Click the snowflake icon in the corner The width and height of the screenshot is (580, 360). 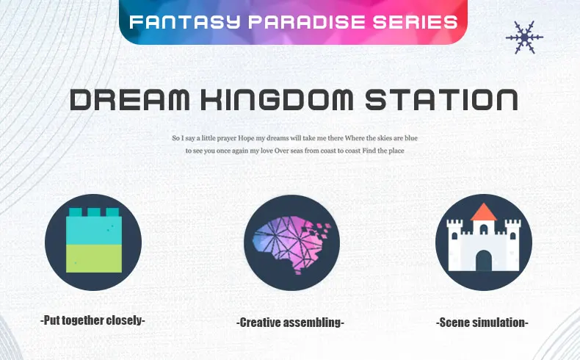(x=524, y=37)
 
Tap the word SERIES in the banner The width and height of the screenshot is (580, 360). (x=416, y=22)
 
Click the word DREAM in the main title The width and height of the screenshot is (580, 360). (x=130, y=99)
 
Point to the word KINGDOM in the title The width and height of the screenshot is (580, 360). (x=277, y=99)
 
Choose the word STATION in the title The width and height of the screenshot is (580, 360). (x=441, y=99)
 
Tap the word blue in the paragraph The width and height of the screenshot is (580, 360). (x=411, y=138)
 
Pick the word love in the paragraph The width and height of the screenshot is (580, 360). (x=267, y=151)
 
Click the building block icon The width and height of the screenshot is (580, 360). (x=93, y=240)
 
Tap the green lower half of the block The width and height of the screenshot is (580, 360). (x=94, y=259)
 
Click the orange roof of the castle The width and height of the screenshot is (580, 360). (x=484, y=212)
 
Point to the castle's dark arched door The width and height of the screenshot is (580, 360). (x=484, y=261)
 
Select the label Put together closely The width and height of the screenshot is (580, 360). (x=93, y=320)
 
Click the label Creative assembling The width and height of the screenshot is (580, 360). (x=291, y=323)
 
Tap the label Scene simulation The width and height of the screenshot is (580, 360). (x=482, y=323)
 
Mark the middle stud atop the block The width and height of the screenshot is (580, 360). (x=94, y=212)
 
